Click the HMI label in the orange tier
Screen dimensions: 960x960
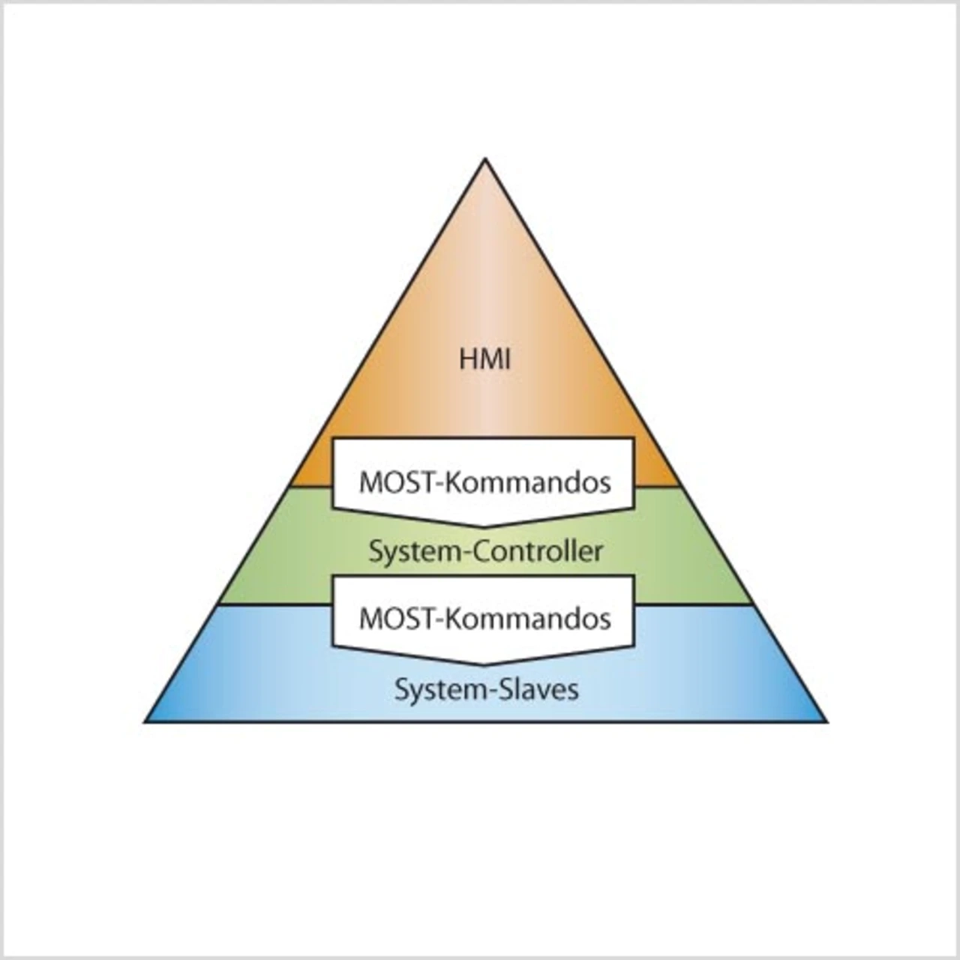click(484, 359)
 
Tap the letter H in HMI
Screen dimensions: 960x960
click(468, 359)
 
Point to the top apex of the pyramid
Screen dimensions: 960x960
click(485, 159)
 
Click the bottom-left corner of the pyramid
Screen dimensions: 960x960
click(145, 721)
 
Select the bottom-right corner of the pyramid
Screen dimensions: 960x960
click(826, 721)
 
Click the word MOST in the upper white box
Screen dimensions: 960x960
click(397, 482)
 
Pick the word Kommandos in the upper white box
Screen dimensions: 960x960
click(528, 482)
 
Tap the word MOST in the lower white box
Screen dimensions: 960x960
click(397, 619)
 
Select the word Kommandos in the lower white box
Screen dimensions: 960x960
click(528, 619)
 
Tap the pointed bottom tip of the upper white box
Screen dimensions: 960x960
click(484, 526)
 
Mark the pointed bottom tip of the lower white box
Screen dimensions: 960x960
click(484, 664)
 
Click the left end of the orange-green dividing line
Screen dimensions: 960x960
click(290, 487)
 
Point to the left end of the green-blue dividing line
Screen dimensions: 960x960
click(217, 604)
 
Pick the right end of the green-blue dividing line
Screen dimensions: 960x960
click(753, 604)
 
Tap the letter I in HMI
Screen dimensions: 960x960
click(507, 359)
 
